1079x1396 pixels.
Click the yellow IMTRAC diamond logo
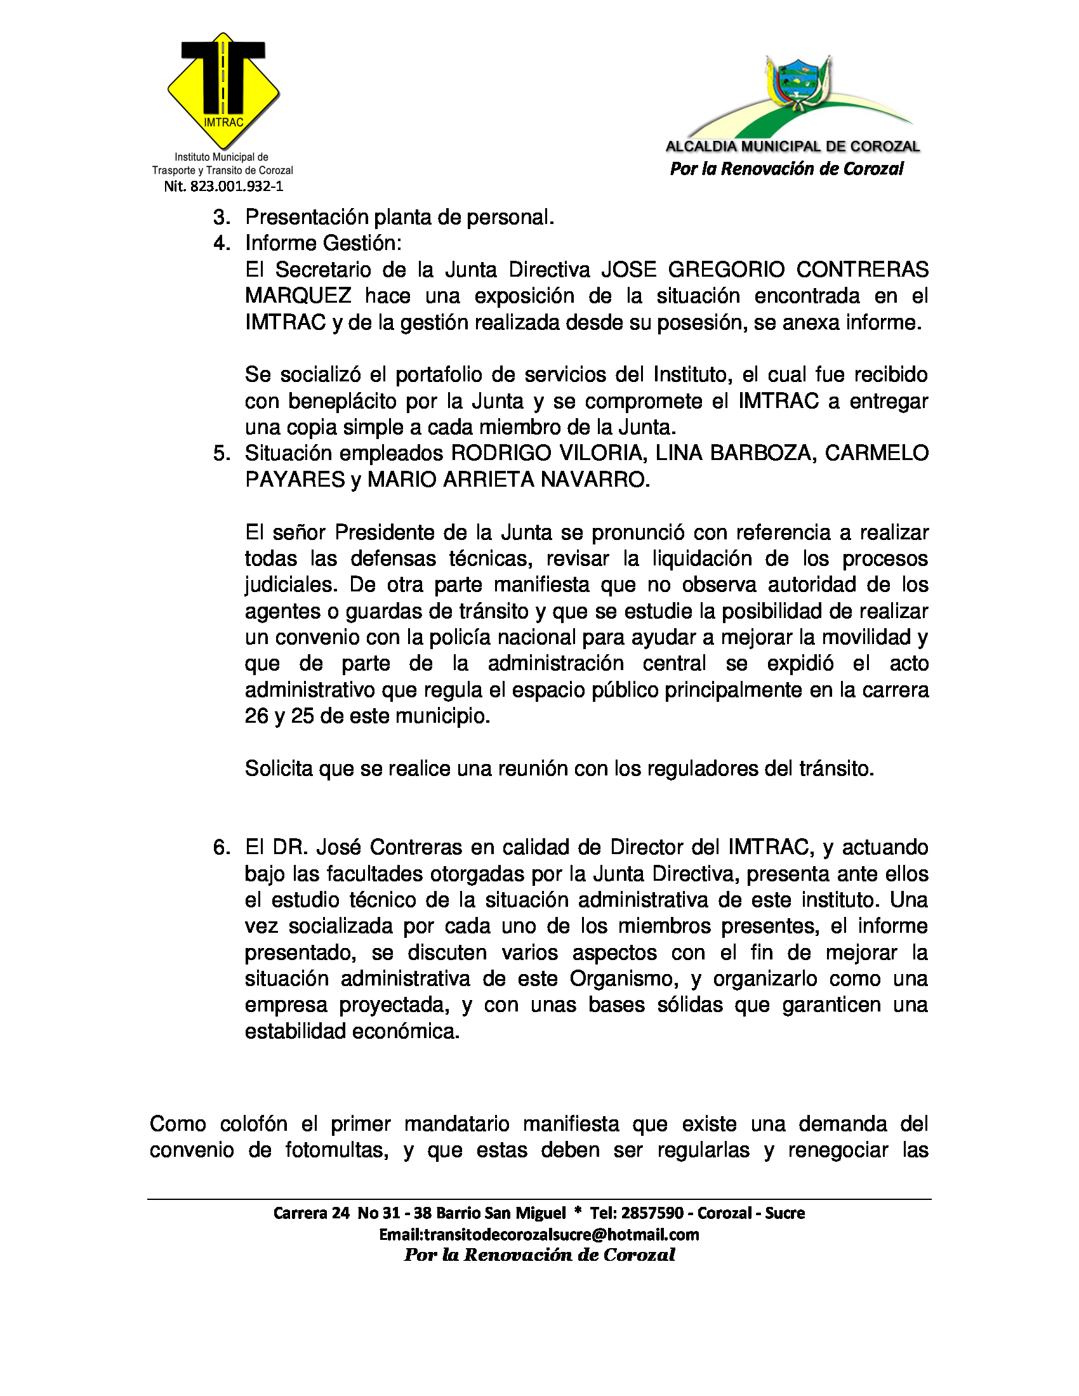pyautogui.click(x=223, y=89)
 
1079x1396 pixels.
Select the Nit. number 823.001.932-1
pyautogui.click(x=223, y=187)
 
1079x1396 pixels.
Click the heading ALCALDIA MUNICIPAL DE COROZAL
pyautogui.click(x=793, y=147)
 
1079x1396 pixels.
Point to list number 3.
pyautogui.click(x=221, y=217)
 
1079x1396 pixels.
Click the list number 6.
pyautogui.click(x=221, y=848)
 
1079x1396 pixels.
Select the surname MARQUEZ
pyautogui.click(x=298, y=296)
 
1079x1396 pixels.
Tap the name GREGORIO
pyautogui.click(x=726, y=270)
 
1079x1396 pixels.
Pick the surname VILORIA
pyautogui.click(x=600, y=453)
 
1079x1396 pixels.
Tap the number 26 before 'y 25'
pyautogui.click(x=257, y=716)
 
